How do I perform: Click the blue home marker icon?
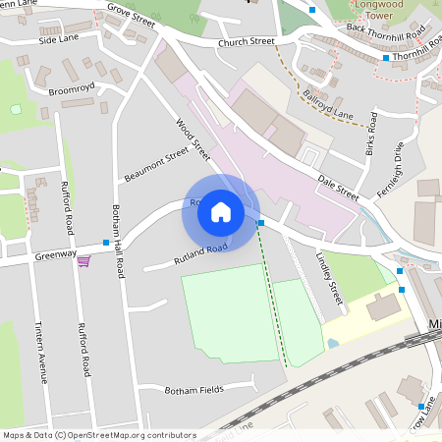coord(220,212)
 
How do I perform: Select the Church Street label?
coord(248,42)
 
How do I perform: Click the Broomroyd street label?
coord(70,88)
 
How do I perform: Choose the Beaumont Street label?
coord(155,165)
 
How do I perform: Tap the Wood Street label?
coord(193,140)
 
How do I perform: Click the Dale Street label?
coord(338,187)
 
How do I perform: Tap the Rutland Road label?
coord(200,254)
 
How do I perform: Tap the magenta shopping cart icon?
coord(83,260)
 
